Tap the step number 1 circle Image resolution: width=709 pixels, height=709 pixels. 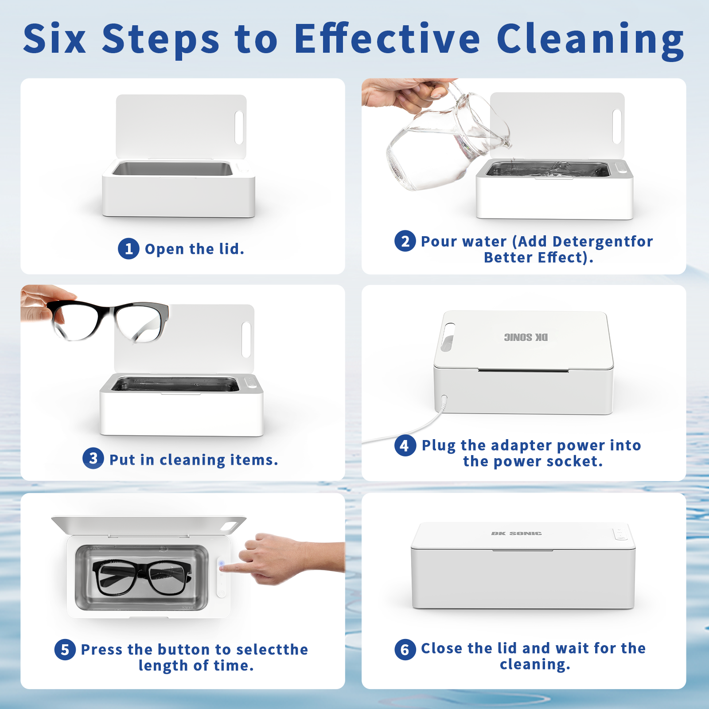(x=129, y=249)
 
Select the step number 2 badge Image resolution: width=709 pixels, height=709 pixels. (x=405, y=241)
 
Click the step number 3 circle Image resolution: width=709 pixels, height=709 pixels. (x=93, y=458)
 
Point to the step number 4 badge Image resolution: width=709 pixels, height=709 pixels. (x=405, y=445)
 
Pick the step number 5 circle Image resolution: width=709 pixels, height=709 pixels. (x=65, y=650)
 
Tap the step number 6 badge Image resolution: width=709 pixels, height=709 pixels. (x=405, y=650)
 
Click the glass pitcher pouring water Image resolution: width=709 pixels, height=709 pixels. (x=448, y=137)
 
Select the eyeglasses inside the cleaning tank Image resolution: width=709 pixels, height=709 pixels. (x=142, y=577)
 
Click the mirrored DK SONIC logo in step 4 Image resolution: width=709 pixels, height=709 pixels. (x=526, y=338)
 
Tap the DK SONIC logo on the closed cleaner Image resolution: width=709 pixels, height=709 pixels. (x=516, y=534)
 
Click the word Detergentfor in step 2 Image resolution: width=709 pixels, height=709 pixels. (x=603, y=242)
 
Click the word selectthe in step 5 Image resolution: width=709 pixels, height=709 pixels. (x=272, y=650)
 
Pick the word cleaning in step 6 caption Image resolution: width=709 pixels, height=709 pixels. (x=535, y=665)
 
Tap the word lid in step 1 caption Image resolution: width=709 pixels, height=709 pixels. (x=232, y=249)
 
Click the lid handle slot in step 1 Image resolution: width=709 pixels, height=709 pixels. (x=239, y=128)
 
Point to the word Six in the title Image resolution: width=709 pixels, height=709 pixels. (x=55, y=39)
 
